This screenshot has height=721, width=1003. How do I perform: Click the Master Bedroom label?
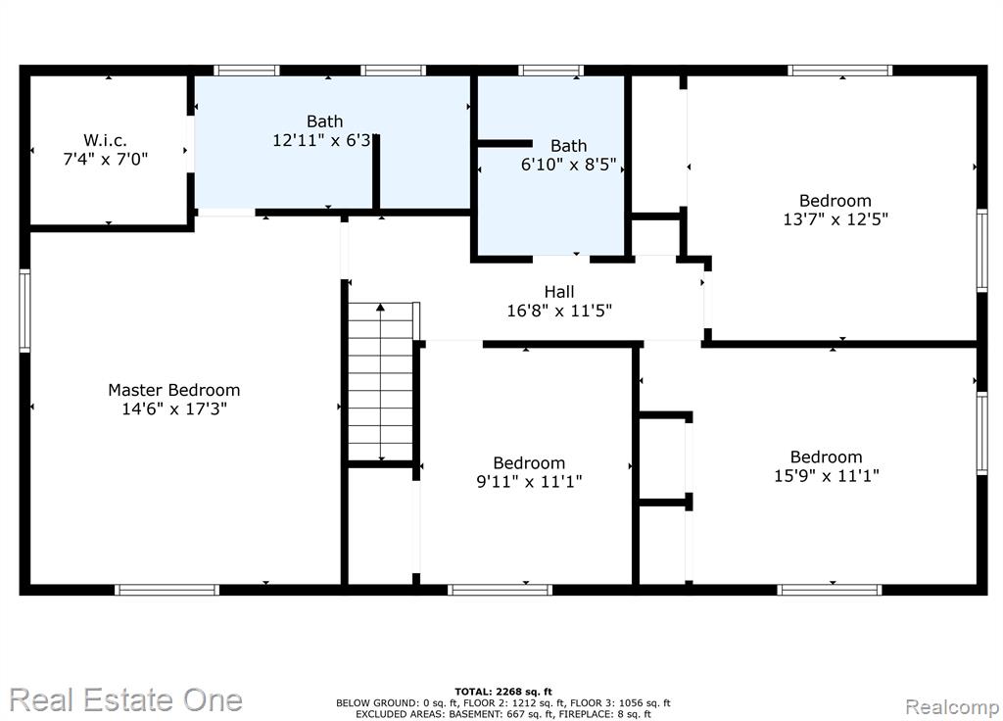(174, 390)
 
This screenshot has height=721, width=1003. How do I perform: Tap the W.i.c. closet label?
(105, 140)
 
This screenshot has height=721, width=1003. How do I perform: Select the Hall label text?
(559, 292)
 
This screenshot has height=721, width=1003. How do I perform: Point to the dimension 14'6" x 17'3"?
(174, 409)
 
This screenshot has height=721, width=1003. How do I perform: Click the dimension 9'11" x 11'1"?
(529, 481)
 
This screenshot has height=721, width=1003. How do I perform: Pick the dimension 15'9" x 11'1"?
(827, 476)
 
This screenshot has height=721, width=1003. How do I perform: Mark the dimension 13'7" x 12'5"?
(836, 219)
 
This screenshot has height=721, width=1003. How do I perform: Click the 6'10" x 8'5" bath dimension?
(569, 165)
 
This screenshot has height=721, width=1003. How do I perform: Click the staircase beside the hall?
(381, 382)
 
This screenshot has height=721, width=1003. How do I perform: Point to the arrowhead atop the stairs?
(381, 307)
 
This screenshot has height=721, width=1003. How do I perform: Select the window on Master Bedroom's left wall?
(24, 311)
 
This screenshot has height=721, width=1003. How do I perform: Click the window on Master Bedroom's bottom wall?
(167, 590)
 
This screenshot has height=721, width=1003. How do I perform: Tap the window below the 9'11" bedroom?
(500, 590)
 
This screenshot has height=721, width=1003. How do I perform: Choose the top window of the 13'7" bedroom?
(839, 71)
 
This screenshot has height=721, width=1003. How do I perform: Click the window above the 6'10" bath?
(550, 71)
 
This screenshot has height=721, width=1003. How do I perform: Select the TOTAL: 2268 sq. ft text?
(502, 692)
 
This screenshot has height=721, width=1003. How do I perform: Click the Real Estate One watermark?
(126, 699)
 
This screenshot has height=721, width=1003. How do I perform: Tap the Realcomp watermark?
(952, 707)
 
